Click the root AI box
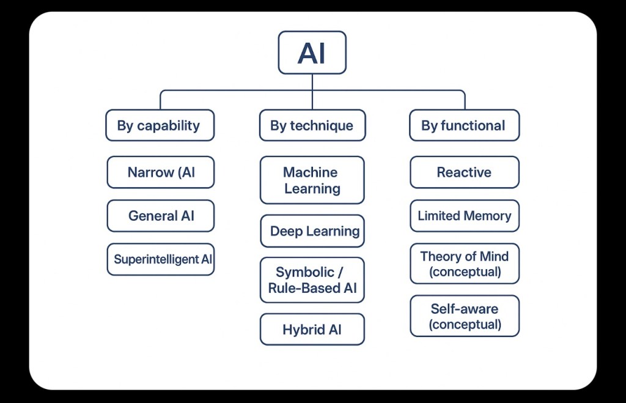click(312, 53)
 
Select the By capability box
click(160, 125)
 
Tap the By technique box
click(312, 125)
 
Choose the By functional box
click(464, 125)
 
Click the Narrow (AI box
click(160, 172)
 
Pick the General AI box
click(160, 216)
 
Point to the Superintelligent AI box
click(160, 259)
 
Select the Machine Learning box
click(312, 180)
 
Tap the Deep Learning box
click(312, 231)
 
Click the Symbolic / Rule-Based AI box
click(312, 280)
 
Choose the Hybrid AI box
click(312, 330)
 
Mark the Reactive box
click(464, 172)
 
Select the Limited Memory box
click(464, 216)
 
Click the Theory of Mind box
click(464, 264)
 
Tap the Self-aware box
click(464, 316)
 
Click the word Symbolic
click(305, 272)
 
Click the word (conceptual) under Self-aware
click(465, 324)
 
